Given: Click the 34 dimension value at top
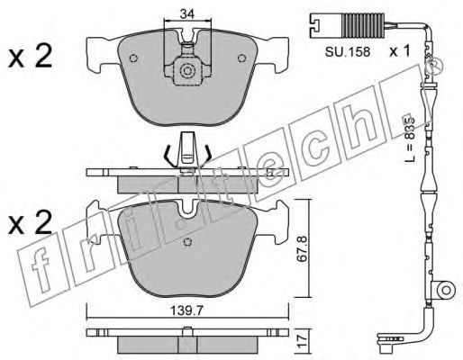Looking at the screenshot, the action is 187,13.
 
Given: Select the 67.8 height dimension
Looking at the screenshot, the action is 303,248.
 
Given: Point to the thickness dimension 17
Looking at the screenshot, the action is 304,341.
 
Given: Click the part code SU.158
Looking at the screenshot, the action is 348,52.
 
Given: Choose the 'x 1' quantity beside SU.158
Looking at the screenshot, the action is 399,52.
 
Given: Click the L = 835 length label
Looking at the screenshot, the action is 409,138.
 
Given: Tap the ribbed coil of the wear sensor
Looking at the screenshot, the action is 363,26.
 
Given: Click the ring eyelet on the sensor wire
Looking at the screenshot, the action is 446,290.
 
